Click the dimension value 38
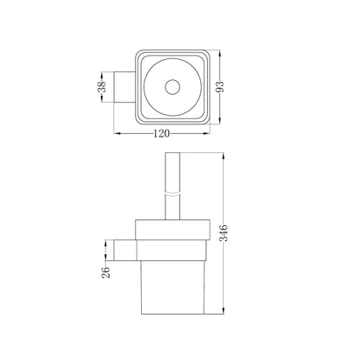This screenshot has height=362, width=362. click(x=102, y=87)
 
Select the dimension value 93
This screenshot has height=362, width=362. click(x=220, y=87)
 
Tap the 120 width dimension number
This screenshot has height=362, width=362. click(x=161, y=134)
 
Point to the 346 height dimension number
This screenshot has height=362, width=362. click(x=224, y=233)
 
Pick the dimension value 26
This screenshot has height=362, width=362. click(x=106, y=272)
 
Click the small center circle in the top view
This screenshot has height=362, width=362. click(x=172, y=87)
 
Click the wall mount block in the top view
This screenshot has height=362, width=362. click(x=124, y=87)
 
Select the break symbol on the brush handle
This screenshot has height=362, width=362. click(x=172, y=194)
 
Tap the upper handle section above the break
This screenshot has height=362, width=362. click(x=172, y=172)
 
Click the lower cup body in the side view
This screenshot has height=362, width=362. click(x=172, y=287)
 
